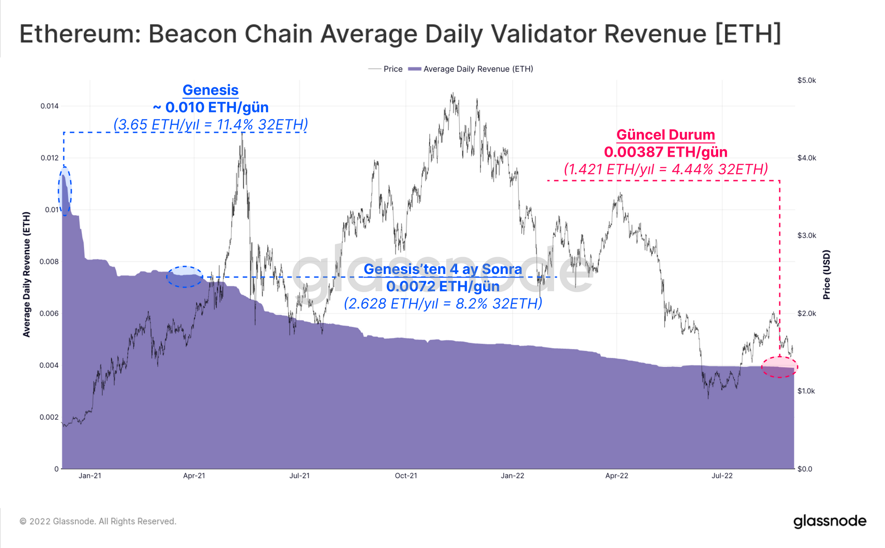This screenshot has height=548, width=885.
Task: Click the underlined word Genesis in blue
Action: (210, 90)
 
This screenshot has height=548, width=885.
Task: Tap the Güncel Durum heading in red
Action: (666, 135)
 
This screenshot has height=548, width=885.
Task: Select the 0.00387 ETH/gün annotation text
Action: (666, 152)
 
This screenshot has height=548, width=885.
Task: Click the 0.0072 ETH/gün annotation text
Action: (442, 286)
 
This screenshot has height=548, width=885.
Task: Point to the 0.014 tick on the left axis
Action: (49, 106)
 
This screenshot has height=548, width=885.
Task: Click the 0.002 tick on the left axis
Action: (49, 417)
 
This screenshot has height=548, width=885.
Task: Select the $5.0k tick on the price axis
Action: (806, 80)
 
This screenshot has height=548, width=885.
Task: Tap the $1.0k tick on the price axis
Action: (806, 391)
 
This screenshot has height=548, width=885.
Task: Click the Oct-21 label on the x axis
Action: (406, 476)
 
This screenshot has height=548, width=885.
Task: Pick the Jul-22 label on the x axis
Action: (722, 476)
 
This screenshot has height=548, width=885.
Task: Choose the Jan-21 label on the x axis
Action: (90, 476)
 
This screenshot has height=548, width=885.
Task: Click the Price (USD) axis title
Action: (826, 274)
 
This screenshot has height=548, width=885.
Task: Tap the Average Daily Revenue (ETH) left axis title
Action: (27, 274)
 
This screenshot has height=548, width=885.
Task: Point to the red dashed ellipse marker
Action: (779, 367)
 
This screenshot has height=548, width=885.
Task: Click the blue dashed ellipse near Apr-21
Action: (185, 277)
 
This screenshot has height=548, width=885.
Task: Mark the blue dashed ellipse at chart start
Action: (65, 191)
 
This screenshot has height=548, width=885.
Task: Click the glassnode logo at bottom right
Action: (830, 521)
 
